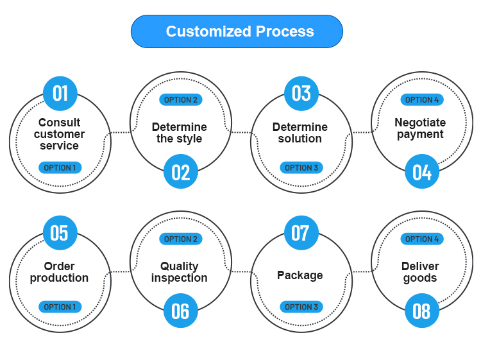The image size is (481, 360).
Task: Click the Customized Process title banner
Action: click(x=237, y=31)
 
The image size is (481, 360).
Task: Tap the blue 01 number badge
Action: click(x=60, y=94)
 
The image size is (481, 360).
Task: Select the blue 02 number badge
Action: click(x=180, y=172)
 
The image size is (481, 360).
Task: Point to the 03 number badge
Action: click(x=301, y=94)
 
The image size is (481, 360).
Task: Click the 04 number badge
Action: click(x=421, y=172)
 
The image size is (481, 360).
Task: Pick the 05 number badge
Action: click(x=60, y=233)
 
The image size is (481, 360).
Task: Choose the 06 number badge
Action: click(x=180, y=311)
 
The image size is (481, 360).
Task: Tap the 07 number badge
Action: click(x=301, y=233)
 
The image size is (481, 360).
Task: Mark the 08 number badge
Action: click(x=421, y=311)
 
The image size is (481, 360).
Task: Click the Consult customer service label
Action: click(x=59, y=134)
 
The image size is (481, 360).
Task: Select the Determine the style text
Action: click(x=180, y=133)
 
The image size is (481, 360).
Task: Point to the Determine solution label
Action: click(x=300, y=133)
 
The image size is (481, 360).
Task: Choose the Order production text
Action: click(x=59, y=272)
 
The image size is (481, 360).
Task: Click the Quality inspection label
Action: click(x=180, y=272)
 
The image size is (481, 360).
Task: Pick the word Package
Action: click(x=300, y=275)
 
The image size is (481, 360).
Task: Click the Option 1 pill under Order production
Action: click(x=60, y=307)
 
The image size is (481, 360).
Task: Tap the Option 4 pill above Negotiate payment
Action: click(x=421, y=99)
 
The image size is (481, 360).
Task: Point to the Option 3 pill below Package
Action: click(x=301, y=307)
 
